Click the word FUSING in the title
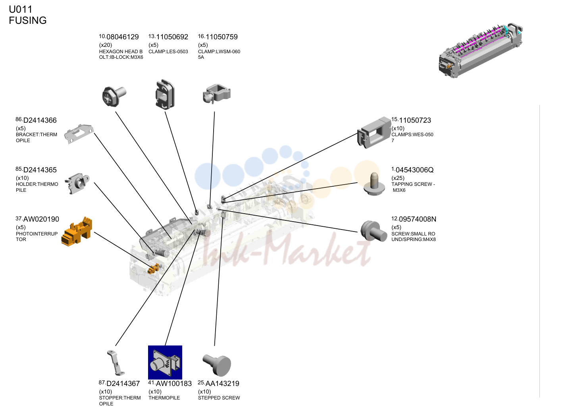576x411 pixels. (28, 20)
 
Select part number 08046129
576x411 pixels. (123, 37)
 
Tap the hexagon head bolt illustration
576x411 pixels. (114, 96)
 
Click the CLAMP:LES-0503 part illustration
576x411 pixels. (165, 95)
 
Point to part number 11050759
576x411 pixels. (222, 37)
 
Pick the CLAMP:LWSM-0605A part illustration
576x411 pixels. (216, 94)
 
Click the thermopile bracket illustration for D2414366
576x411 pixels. (79, 134)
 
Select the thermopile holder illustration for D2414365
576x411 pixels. (77, 183)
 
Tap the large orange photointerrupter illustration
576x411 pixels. (77, 232)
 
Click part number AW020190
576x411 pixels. (41, 219)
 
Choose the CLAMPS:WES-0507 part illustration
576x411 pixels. (374, 133)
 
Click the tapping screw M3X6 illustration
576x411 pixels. (374, 184)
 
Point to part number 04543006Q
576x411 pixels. (414, 170)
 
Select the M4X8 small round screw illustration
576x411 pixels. (374, 231)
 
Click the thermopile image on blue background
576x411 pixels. (165, 363)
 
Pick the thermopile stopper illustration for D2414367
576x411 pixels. (116, 363)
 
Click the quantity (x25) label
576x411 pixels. (398, 178)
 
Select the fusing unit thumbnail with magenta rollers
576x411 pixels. (481, 50)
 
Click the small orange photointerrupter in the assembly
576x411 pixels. (154, 268)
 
